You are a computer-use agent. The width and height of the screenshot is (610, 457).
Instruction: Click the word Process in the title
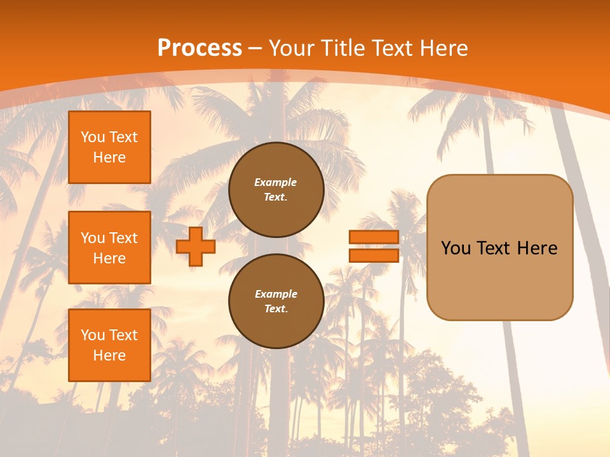pos(200,48)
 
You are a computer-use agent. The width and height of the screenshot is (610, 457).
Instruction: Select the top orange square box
pos(109,147)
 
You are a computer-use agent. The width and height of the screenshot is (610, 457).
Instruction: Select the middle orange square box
pos(109,248)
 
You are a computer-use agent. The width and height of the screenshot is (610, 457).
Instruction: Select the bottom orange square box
pos(109,345)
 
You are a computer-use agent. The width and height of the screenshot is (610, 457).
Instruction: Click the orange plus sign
pos(196,246)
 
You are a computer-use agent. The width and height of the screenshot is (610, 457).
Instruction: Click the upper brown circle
pos(276,190)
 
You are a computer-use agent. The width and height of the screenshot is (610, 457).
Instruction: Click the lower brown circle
pos(276,301)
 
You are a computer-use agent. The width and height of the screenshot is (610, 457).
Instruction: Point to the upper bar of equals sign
pos(374,237)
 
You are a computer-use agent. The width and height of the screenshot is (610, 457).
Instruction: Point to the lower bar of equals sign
pos(374,255)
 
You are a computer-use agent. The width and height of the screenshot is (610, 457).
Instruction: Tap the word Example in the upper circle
pos(276,182)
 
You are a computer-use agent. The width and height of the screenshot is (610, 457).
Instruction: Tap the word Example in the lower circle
pos(276,294)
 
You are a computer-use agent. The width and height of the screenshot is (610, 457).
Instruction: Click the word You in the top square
pos(93,137)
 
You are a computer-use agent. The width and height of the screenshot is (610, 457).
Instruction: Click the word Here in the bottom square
pos(109,355)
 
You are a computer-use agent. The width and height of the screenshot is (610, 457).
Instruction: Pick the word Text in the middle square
pos(123,238)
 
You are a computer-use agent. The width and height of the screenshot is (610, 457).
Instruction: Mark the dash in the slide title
pos(255,48)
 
